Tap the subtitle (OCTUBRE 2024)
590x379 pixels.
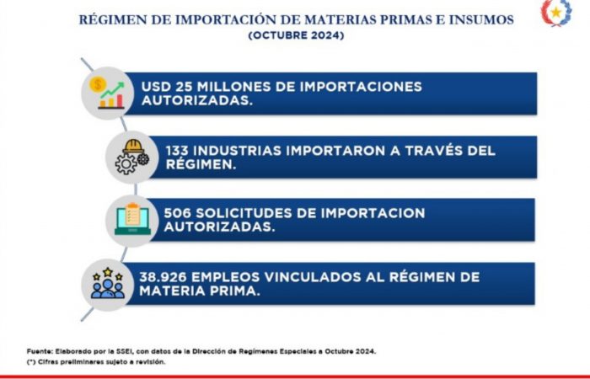(296, 35)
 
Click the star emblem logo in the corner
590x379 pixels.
(556, 13)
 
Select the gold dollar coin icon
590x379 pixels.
(98, 84)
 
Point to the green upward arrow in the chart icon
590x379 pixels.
(112, 90)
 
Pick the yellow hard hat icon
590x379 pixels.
(133, 147)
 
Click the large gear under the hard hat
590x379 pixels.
(126, 164)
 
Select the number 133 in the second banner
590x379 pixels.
(177, 151)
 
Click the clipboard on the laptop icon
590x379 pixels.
(132, 214)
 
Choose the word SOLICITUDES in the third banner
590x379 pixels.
(244, 213)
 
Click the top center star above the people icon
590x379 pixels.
(108, 272)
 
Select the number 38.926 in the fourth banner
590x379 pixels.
(163, 277)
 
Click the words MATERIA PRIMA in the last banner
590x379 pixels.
(200, 291)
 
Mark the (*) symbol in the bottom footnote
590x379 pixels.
(31, 361)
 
